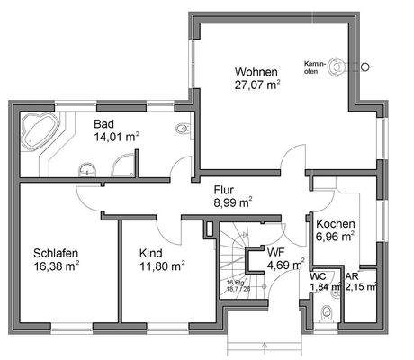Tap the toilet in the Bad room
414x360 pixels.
pyautogui.click(x=184, y=130)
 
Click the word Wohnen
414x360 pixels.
pyautogui.click(x=256, y=71)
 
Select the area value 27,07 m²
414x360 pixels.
pyautogui.click(x=256, y=85)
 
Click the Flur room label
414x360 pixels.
pyautogui.click(x=224, y=190)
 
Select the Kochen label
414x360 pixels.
pyautogui.click(x=334, y=224)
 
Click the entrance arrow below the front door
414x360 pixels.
pyautogui.click(x=265, y=344)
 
